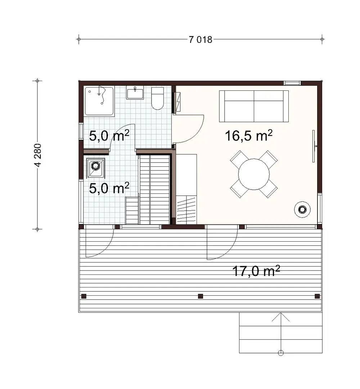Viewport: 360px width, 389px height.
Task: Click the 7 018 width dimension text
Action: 201,40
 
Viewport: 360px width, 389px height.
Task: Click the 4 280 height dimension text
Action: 38,155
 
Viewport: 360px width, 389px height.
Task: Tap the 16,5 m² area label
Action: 248,136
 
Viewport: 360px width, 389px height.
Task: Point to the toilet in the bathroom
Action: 157,98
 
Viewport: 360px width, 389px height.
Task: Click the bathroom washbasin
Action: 135,93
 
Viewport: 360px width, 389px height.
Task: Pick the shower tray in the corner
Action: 99,101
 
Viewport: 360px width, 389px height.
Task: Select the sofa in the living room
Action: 254,106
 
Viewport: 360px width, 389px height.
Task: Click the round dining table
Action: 254,174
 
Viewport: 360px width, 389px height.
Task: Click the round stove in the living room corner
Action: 302,209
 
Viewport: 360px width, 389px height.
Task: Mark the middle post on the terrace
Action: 201,296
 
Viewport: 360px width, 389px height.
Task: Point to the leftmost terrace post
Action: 84,296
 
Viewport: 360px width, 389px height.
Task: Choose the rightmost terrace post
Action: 317,296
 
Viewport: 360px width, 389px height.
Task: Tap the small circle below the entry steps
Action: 281,353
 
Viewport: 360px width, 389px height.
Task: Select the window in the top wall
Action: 292,83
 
